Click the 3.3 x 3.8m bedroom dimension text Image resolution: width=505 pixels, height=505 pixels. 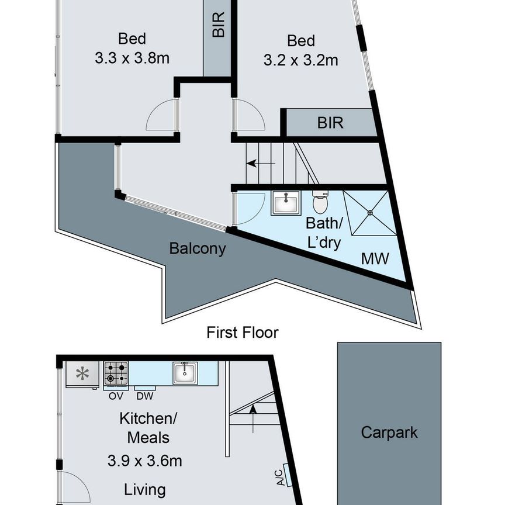pos(132,58)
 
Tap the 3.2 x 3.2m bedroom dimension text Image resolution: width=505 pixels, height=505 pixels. pos(300,60)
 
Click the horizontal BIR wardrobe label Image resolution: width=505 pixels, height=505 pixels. pos(330,123)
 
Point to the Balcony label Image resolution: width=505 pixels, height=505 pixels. pos(197,248)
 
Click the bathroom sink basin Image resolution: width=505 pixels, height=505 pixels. pos(286,204)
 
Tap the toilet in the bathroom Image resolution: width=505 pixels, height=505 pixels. pos(320,202)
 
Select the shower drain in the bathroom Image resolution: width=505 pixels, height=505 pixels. pos(371,213)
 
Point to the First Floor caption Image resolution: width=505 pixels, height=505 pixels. pos(243,333)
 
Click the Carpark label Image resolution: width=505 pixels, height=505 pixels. pos(389,433)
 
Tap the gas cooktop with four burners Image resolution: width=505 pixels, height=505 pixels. pos(116,372)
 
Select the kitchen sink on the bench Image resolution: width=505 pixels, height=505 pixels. pos(185,373)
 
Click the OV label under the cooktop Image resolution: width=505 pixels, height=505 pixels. pos(115,395)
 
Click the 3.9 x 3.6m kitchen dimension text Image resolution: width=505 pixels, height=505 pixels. pos(144,461)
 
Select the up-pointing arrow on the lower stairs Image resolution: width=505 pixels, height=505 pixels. pos(252,412)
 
